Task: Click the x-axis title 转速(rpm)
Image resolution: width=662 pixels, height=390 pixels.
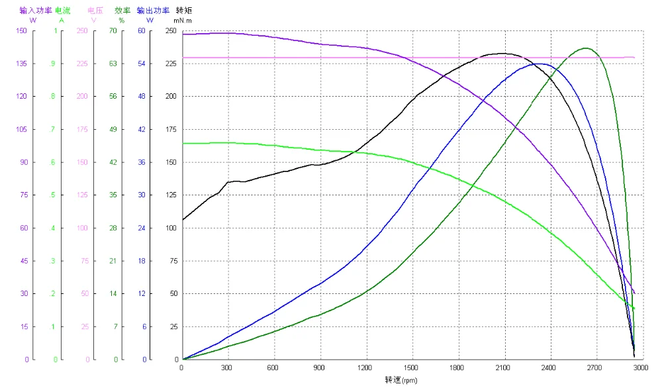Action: [401, 380]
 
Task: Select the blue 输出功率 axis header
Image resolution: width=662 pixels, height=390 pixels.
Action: [154, 11]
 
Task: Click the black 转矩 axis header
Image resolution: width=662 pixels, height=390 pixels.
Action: [183, 11]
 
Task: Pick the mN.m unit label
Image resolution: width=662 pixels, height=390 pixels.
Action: [183, 21]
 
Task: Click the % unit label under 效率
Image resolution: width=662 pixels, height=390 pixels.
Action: [122, 21]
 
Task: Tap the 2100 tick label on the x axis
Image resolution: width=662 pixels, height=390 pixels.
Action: [504, 367]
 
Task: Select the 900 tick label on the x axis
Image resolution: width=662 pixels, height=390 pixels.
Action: [320, 367]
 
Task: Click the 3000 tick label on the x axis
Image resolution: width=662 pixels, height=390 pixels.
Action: [640, 367]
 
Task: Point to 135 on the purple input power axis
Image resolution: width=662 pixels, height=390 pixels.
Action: [21, 64]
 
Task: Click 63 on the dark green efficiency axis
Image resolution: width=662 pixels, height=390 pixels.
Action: [113, 64]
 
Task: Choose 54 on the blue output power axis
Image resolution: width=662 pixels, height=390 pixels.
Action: [142, 64]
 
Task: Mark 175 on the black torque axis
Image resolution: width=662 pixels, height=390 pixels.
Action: [171, 129]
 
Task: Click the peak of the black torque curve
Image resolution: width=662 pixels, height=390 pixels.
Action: [501, 53]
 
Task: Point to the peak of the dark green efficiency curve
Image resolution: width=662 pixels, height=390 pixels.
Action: [585, 48]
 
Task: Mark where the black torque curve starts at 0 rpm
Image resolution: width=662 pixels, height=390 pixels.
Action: [183, 220]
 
